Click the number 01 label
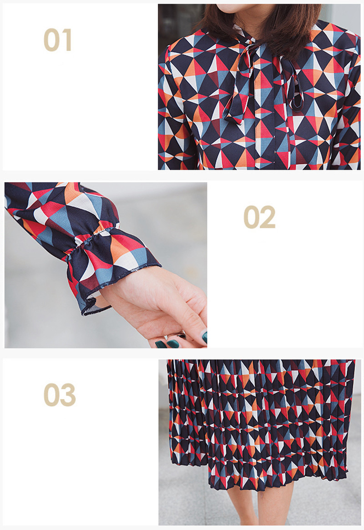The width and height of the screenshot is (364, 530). click(x=58, y=40)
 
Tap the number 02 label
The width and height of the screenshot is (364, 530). click(x=259, y=217)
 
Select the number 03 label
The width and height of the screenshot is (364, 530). click(x=60, y=395)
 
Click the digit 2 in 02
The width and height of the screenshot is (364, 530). click(x=268, y=217)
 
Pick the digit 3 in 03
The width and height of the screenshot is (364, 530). click(x=68, y=395)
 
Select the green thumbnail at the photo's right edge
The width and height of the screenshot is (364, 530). click(x=204, y=337)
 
